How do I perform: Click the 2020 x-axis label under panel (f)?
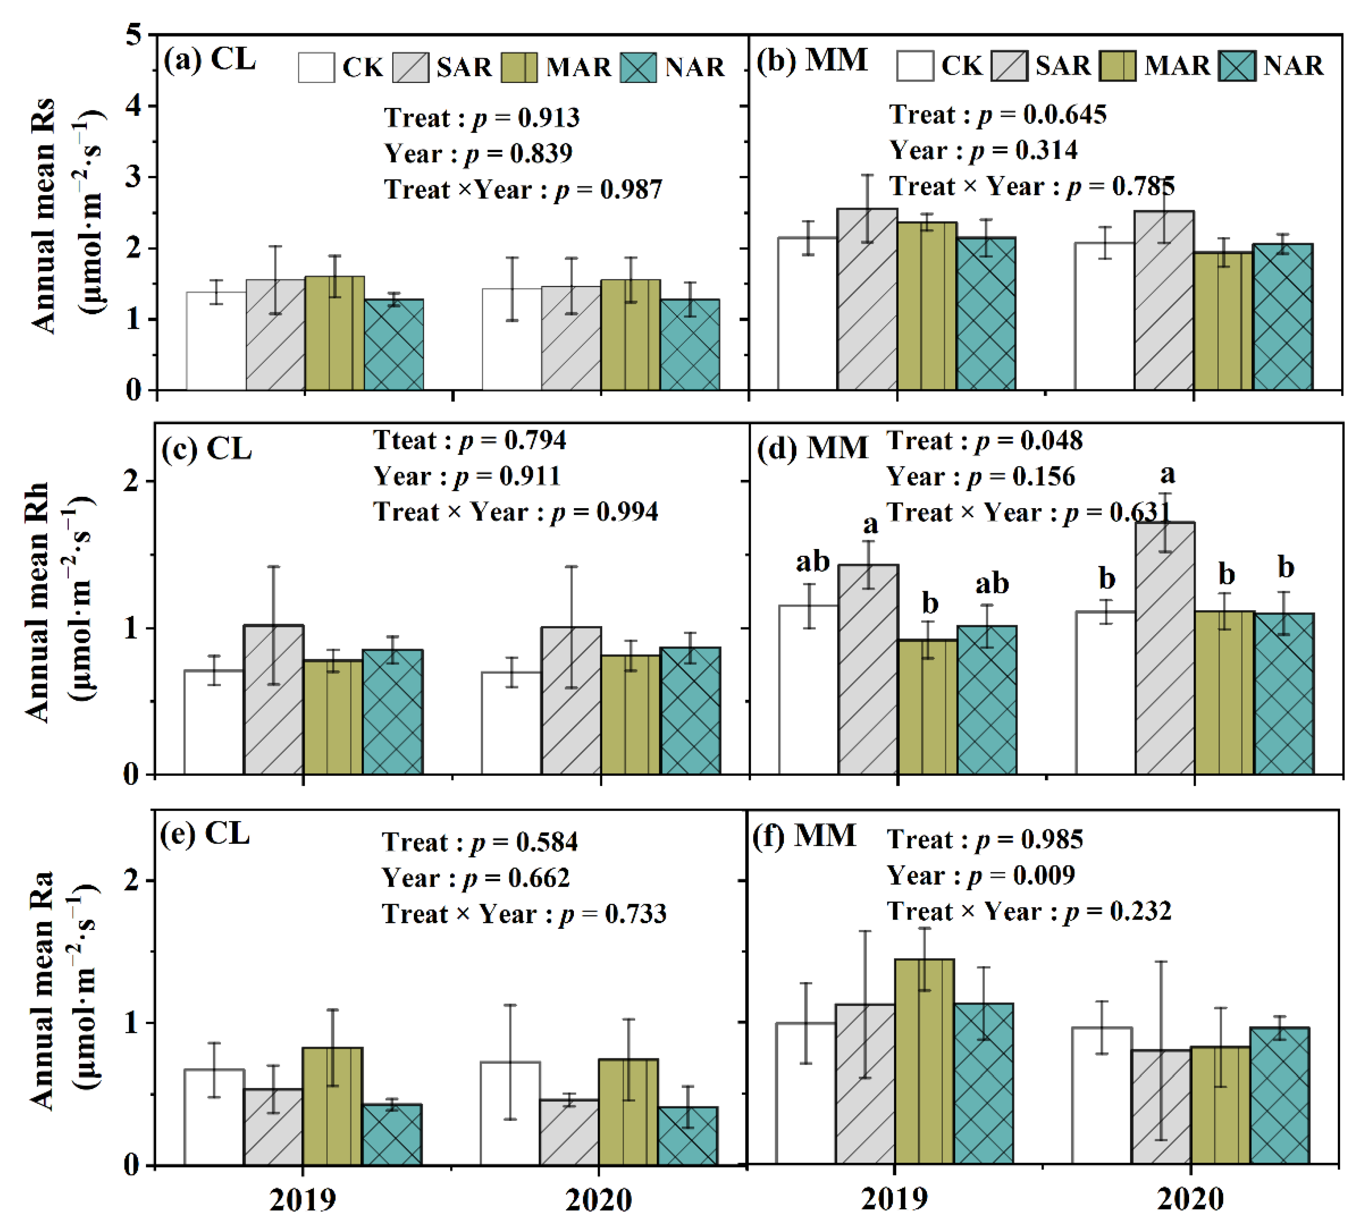[1190, 1200]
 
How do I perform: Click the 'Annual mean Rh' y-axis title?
[37, 601]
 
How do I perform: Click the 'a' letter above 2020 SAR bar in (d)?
[1167, 474]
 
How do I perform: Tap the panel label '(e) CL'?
[205, 833]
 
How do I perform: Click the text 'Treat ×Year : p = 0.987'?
[523, 190]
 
